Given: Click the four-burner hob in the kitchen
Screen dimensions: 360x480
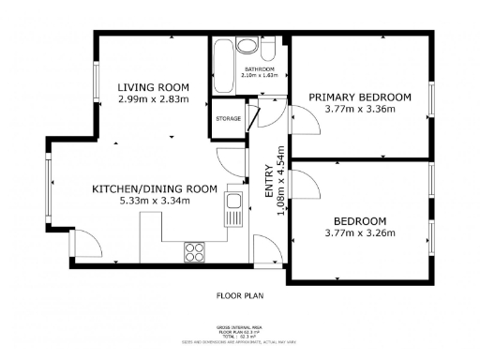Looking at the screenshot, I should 196,250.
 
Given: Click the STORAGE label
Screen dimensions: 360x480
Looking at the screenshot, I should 229,119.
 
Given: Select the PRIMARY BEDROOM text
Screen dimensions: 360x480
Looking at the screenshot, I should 360,97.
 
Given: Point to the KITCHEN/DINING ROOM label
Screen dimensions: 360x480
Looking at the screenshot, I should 154,188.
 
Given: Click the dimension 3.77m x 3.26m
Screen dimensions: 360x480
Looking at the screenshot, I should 360,232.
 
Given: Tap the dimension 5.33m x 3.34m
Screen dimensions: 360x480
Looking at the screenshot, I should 154,201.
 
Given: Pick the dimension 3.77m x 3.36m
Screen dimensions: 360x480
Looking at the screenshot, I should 360,109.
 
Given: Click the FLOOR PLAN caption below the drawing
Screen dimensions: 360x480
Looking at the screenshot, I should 240,296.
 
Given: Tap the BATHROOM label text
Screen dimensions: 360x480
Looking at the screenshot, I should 260,70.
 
